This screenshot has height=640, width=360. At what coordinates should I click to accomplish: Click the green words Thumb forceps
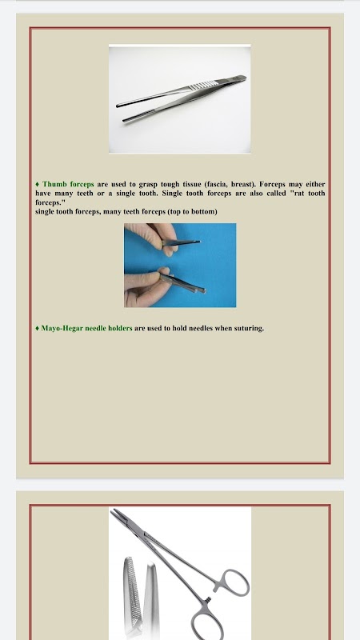point(68,184)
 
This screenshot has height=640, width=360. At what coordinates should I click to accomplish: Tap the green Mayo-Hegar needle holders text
point(86,328)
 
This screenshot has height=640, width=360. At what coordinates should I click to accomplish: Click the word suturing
point(249,328)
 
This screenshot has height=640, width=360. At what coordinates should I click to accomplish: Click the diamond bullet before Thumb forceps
point(38,185)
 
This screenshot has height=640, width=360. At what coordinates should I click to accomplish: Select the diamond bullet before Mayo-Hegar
point(38,328)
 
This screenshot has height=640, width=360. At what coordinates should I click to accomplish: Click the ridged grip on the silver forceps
point(204,86)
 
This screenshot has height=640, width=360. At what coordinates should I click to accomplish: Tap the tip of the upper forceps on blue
point(199,242)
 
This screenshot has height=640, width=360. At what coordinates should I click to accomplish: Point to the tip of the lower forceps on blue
point(204,290)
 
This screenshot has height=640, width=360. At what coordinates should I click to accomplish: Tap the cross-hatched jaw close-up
point(131,592)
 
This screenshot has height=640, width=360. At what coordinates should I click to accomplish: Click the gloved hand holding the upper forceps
point(153,238)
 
